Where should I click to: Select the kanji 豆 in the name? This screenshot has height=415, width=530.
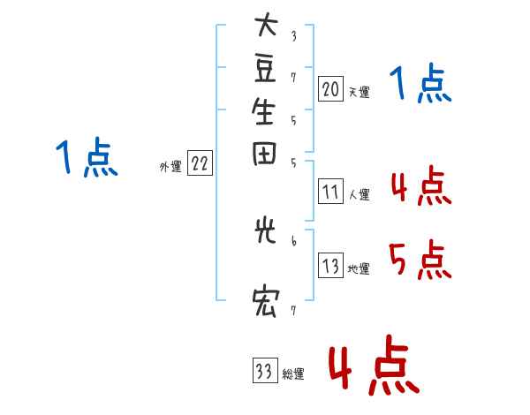(265, 68)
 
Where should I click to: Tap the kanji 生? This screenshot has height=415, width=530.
(265, 111)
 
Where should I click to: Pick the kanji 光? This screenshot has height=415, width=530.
(265, 233)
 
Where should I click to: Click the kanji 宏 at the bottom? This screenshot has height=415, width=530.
(265, 303)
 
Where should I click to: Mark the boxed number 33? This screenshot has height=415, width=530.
(264, 372)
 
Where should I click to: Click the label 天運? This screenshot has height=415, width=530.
(359, 92)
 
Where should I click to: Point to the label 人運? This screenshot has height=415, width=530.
(359, 194)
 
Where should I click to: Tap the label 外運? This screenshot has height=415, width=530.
(170, 166)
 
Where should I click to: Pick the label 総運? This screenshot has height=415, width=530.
(293, 374)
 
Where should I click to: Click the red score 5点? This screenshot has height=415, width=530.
(418, 260)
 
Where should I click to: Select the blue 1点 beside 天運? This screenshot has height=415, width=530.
(420, 85)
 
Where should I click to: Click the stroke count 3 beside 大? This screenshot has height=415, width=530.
(292, 36)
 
